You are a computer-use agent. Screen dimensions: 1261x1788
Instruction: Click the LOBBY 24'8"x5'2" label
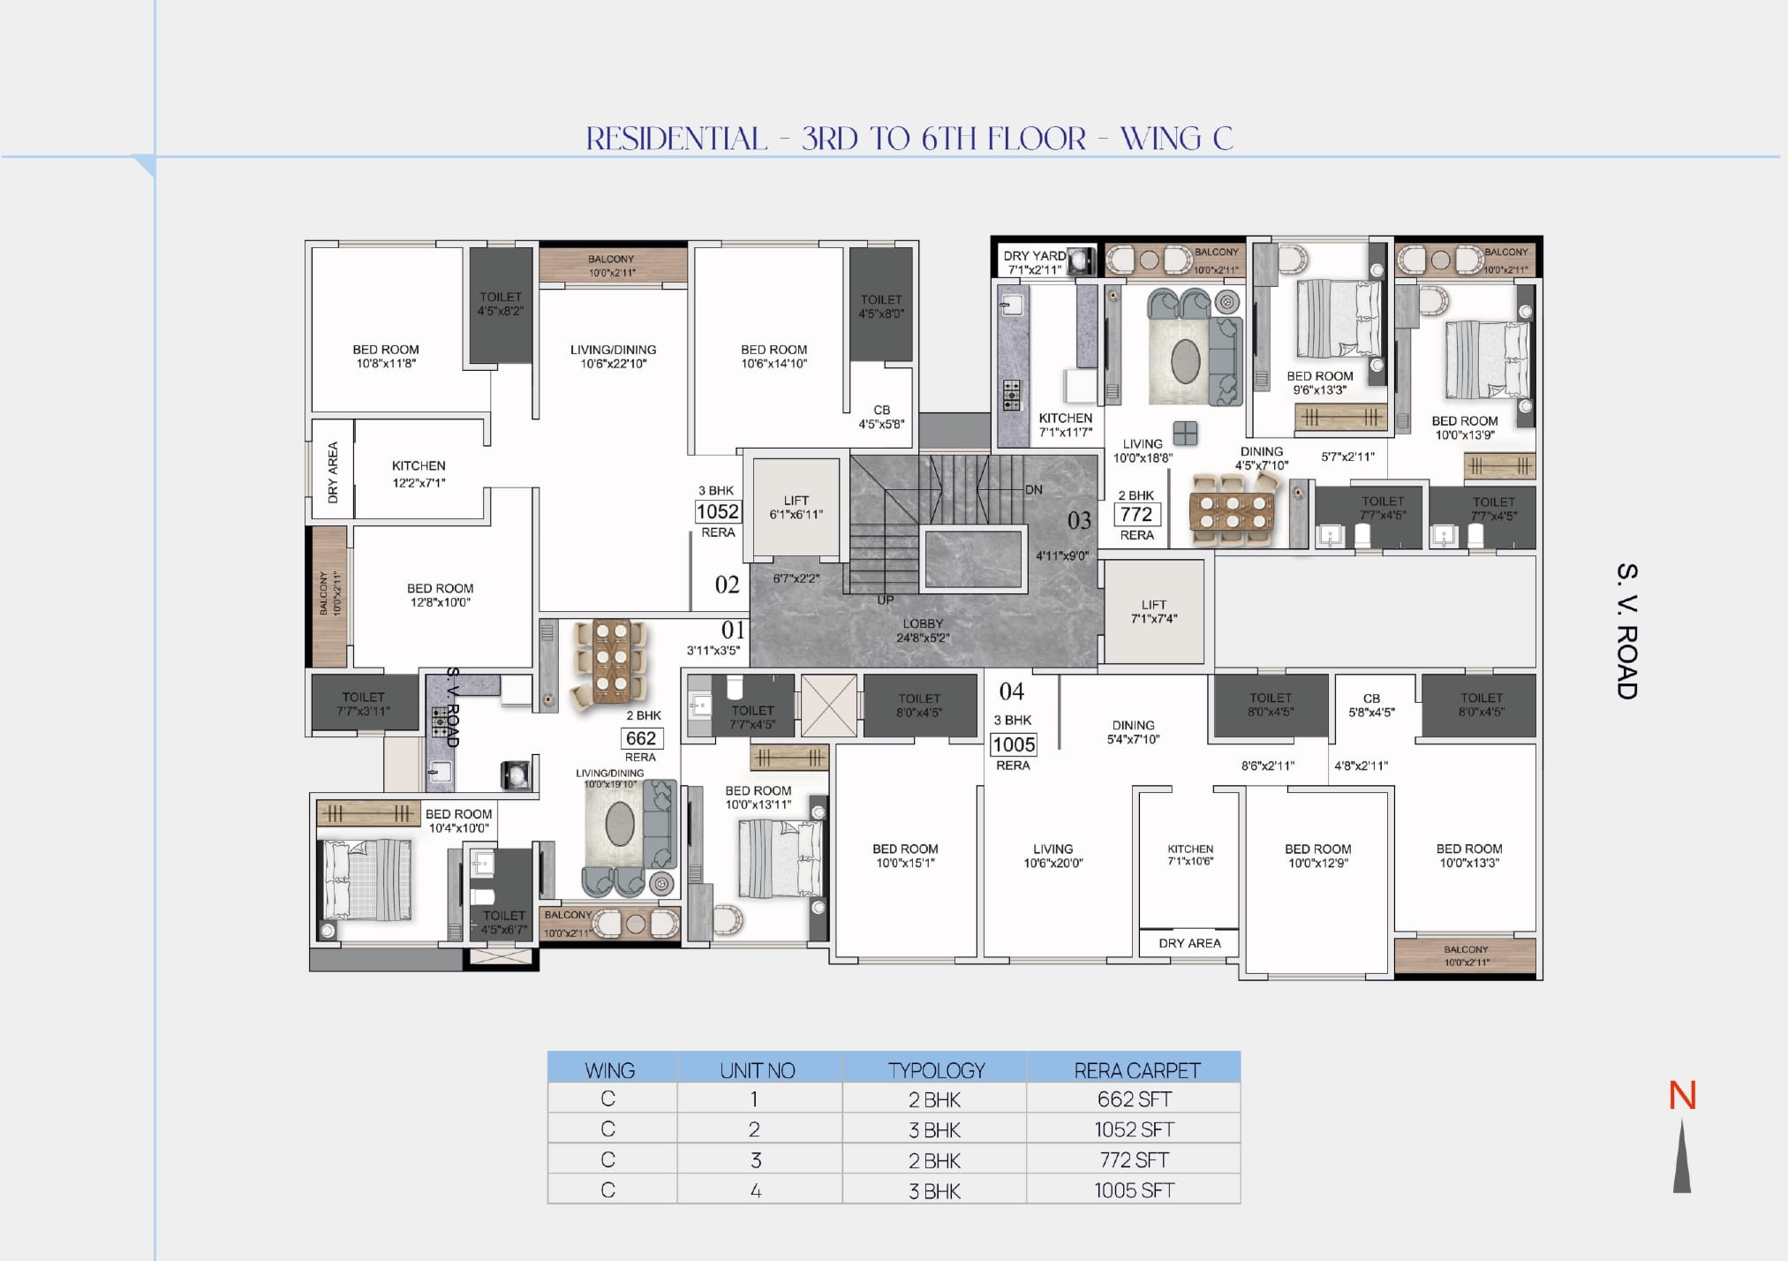tap(923, 630)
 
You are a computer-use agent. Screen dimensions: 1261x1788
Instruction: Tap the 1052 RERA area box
tap(717, 512)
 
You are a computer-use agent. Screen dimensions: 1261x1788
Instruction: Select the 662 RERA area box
tap(640, 739)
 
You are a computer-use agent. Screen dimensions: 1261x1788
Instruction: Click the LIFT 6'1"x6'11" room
tap(796, 507)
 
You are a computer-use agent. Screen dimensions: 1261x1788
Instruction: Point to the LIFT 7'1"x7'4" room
tap(1153, 612)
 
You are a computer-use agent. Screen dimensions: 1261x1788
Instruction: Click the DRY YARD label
tap(1034, 256)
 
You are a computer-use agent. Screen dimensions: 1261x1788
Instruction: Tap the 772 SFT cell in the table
tap(1134, 1160)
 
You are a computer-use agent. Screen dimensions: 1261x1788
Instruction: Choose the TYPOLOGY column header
tap(935, 1070)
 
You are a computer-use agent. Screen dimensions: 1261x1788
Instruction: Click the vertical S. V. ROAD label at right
tap(1626, 631)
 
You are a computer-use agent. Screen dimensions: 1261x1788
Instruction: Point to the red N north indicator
tap(1682, 1097)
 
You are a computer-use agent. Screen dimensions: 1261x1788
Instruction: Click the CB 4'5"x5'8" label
tap(881, 417)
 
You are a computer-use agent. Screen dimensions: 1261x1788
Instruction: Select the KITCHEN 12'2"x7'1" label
tap(419, 473)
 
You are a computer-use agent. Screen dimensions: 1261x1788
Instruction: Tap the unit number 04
tap(1012, 691)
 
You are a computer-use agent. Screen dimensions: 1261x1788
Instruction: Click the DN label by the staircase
tap(1034, 490)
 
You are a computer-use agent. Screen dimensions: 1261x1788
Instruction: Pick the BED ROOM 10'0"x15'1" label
tap(905, 856)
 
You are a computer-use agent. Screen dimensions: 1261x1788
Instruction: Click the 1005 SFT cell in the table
tap(1134, 1190)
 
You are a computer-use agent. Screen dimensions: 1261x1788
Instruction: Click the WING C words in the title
tap(1176, 139)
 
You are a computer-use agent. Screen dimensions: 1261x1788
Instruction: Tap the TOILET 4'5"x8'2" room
tap(501, 304)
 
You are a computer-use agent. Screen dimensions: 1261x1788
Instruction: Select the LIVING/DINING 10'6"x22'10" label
tap(613, 356)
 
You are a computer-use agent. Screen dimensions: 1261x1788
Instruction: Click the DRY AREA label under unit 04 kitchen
tap(1189, 943)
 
